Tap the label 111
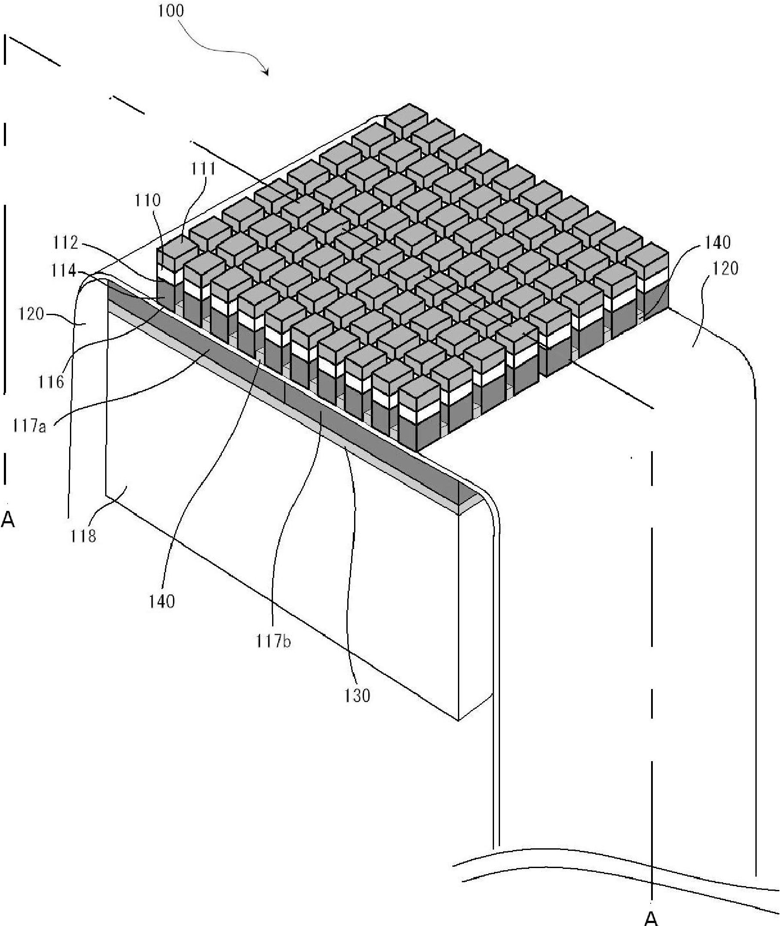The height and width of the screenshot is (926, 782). (x=203, y=169)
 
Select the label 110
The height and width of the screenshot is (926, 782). (x=148, y=200)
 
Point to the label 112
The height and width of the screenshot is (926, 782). (x=66, y=243)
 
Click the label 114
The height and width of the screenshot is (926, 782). (x=64, y=270)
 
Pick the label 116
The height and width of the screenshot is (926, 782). (x=51, y=381)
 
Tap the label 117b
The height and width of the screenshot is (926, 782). (x=273, y=641)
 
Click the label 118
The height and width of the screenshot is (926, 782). (x=83, y=536)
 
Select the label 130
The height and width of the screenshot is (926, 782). (x=358, y=695)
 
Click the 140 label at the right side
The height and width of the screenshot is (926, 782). (x=717, y=243)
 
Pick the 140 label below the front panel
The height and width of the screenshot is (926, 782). (x=162, y=601)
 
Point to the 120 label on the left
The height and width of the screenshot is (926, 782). (x=31, y=314)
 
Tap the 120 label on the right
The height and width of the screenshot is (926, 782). (x=725, y=268)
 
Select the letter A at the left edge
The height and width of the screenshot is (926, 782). (x=8, y=520)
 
